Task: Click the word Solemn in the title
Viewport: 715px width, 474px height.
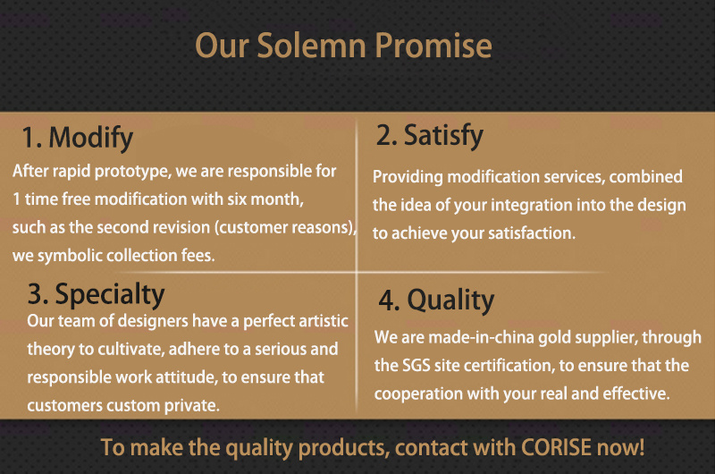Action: tap(311, 46)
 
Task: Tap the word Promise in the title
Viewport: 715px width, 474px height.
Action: tap(433, 46)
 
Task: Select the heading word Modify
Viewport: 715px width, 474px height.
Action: tap(91, 138)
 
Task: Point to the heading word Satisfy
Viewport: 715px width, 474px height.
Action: tap(443, 136)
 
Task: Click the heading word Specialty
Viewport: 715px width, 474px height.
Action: tap(109, 295)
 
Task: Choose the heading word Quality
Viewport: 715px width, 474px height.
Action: tap(450, 300)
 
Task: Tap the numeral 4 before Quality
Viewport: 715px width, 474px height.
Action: tap(388, 301)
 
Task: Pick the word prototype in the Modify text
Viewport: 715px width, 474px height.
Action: tap(132, 172)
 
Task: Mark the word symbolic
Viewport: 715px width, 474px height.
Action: tap(71, 256)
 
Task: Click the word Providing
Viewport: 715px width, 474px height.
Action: tap(408, 177)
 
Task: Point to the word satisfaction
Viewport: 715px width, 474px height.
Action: tap(532, 233)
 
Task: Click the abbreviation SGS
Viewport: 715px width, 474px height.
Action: tap(416, 366)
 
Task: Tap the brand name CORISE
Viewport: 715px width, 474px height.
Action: tap(556, 447)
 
